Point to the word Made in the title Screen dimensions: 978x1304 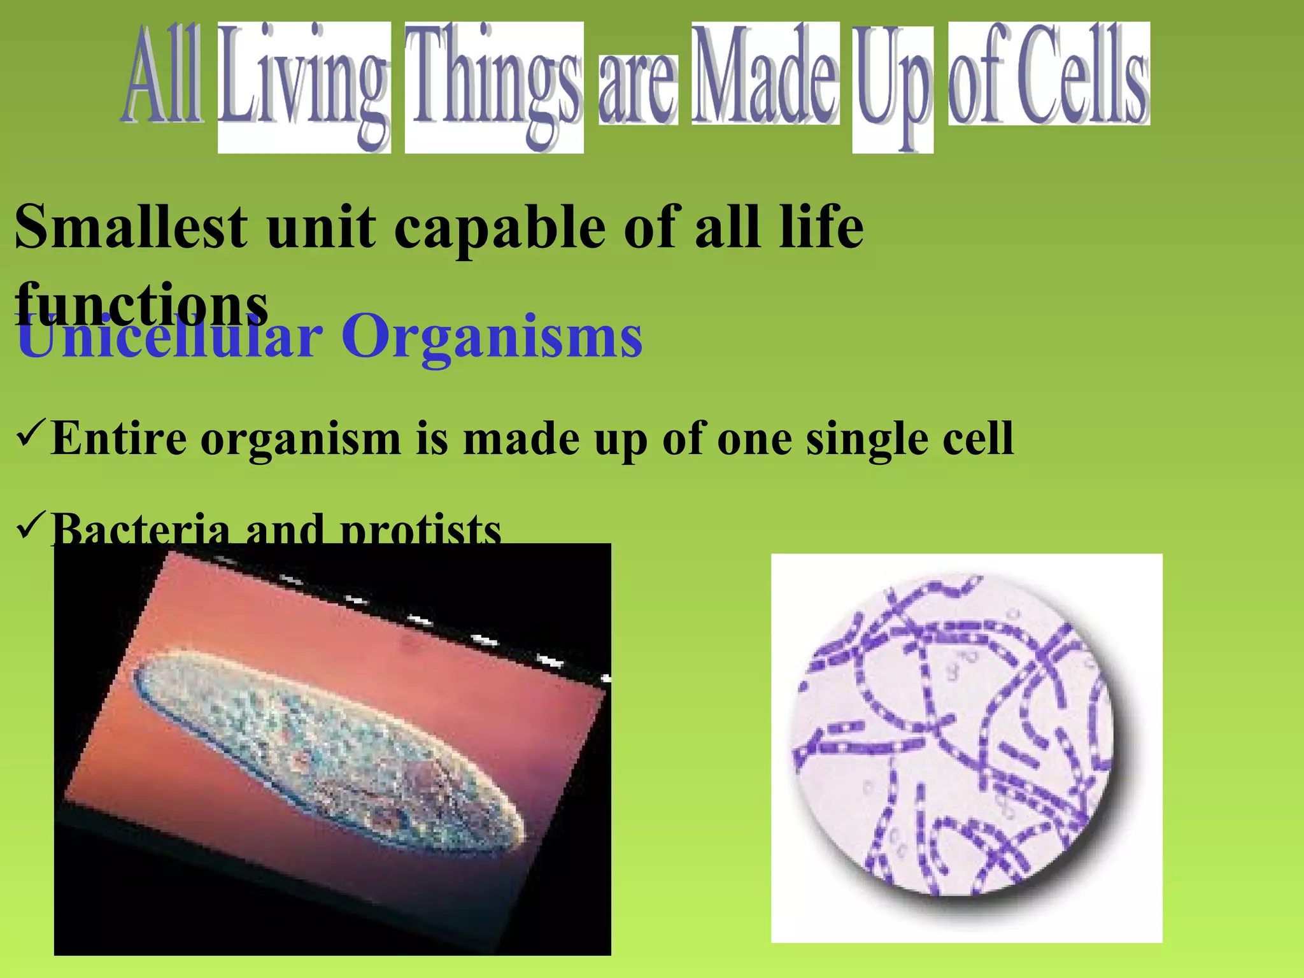[765, 76]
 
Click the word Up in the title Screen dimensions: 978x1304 [892, 86]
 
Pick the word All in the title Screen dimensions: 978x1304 [162, 76]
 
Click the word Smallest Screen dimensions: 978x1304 [131, 227]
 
